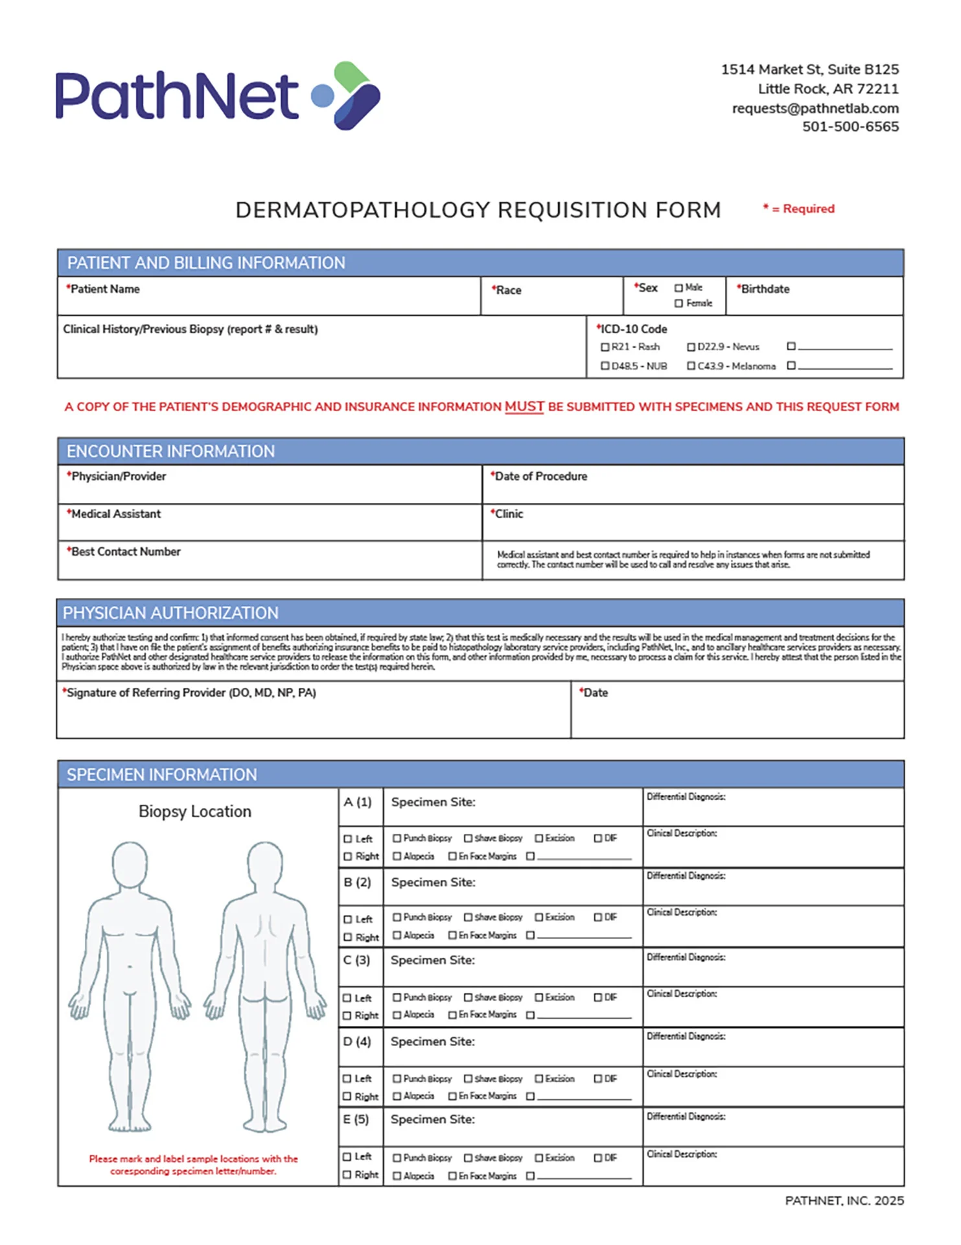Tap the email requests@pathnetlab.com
tap(815, 108)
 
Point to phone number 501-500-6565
tap(850, 126)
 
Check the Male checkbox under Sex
tap(678, 288)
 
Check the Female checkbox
tap(678, 303)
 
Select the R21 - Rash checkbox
tap(605, 347)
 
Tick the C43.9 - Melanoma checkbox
tap(691, 366)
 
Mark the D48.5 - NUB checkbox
tap(605, 366)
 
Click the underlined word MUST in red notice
tap(524, 407)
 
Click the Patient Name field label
tap(104, 289)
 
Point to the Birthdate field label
tap(765, 289)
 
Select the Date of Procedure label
tap(540, 477)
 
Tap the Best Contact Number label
tap(125, 552)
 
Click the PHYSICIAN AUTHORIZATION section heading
tap(170, 613)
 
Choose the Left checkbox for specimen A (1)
tap(347, 838)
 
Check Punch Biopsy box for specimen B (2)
tap(397, 917)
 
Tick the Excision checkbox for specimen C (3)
tap(538, 997)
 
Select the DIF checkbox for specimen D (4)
tap(598, 1078)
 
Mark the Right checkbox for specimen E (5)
tap(347, 1174)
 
